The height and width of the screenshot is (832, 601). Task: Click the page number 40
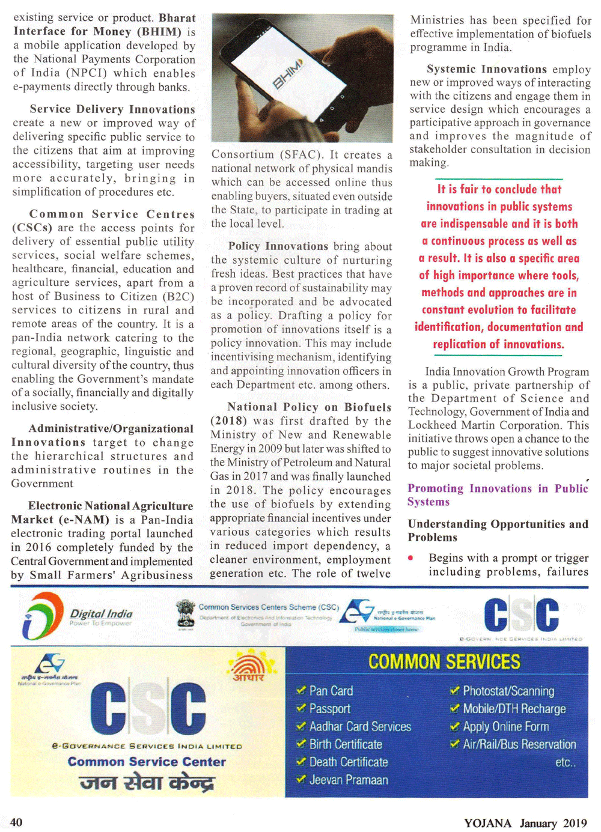[16, 822]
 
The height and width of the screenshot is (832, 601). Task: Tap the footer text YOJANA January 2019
[525, 822]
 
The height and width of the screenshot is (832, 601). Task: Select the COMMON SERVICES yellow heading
[444, 662]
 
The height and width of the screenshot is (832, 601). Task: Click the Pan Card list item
[331, 691]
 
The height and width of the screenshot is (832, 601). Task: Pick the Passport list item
[329, 709]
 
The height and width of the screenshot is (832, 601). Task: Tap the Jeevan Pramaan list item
[348, 780]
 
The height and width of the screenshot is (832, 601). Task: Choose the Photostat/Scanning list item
[508, 691]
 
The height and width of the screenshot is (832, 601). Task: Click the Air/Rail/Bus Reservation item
[519, 744]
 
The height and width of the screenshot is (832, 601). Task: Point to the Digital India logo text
[101, 614]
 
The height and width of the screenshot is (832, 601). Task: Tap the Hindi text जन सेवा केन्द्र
[147, 783]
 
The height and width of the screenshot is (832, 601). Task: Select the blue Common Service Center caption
[147, 762]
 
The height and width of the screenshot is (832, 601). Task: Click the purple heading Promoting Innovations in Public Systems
[497, 495]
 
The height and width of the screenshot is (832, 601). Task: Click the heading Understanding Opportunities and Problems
[498, 530]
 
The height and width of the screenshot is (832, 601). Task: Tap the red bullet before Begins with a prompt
[410, 558]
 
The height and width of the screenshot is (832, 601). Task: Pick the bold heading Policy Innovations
[278, 246]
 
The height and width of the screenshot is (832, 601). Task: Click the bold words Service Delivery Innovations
[112, 109]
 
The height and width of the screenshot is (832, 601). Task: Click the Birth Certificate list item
[346, 744]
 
